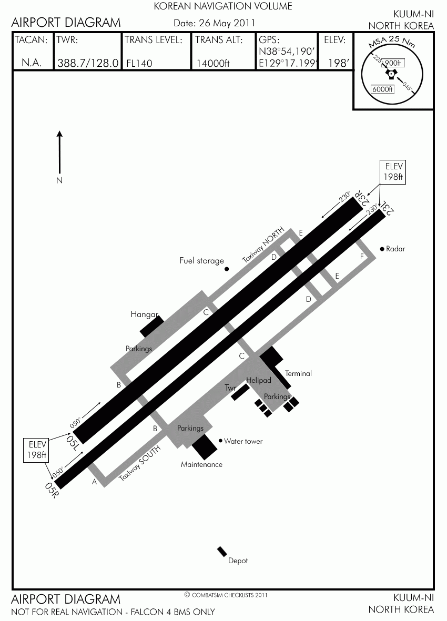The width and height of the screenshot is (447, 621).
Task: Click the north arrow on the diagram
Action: click(60, 152)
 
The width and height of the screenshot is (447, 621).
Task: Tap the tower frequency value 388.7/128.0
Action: click(88, 63)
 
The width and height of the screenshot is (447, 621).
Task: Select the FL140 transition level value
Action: click(139, 64)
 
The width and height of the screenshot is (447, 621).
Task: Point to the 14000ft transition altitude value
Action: click(213, 64)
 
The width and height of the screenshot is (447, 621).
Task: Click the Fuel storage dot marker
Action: click(227, 269)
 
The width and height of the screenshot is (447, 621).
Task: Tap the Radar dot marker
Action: click(382, 249)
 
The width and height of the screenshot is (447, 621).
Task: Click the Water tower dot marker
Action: click(220, 441)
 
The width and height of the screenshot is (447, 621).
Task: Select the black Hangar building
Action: click(152, 327)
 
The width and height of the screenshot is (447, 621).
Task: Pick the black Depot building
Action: click(222, 551)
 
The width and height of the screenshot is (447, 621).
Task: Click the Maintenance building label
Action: click(201, 464)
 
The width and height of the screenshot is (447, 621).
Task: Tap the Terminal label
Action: click(298, 373)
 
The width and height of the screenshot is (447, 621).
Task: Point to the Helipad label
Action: click(259, 380)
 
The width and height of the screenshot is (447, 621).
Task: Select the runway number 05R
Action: click(52, 490)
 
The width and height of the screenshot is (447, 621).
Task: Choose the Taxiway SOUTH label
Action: click(140, 463)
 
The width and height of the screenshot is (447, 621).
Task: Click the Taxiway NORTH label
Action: click(263, 245)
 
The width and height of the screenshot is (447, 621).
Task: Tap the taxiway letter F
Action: click(362, 257)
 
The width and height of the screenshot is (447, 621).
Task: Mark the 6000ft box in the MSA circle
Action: click(382, 89)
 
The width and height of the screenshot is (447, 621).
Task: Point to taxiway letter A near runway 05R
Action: click(94, 482)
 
